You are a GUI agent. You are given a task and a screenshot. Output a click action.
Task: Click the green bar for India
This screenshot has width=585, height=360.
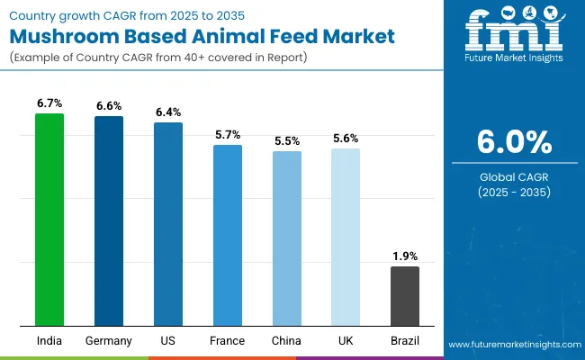click(49, 220)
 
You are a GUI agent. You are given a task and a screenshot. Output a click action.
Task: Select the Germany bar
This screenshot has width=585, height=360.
click(109, 221)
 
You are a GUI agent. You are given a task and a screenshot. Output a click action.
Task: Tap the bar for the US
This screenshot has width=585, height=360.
click(168, 224)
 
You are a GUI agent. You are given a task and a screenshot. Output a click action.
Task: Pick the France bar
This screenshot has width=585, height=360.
click(227, 235)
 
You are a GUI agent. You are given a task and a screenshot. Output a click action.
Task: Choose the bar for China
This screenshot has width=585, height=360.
click(286, 238)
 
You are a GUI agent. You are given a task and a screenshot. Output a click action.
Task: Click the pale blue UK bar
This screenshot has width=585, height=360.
click(346, 237)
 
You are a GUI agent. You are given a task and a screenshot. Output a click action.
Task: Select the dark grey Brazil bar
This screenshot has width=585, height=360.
click(405, 296)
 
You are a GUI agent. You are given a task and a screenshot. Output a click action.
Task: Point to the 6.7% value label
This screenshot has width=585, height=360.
click(49, 103)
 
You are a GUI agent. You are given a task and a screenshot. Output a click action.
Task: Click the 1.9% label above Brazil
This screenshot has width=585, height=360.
click(405, 256)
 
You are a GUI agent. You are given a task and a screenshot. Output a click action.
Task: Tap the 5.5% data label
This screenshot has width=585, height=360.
click(286, 141)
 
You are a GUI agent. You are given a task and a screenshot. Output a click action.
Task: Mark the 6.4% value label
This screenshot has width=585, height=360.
click(168, 112)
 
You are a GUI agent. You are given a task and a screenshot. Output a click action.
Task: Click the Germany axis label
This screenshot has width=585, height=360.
click(109, 341)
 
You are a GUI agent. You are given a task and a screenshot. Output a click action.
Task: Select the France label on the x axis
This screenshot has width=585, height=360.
click(227, 341)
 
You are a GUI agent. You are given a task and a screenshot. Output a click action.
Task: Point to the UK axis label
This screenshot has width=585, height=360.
click(346, 341)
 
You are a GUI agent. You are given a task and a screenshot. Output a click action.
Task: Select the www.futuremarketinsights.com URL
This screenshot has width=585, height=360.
click(513, 345)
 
